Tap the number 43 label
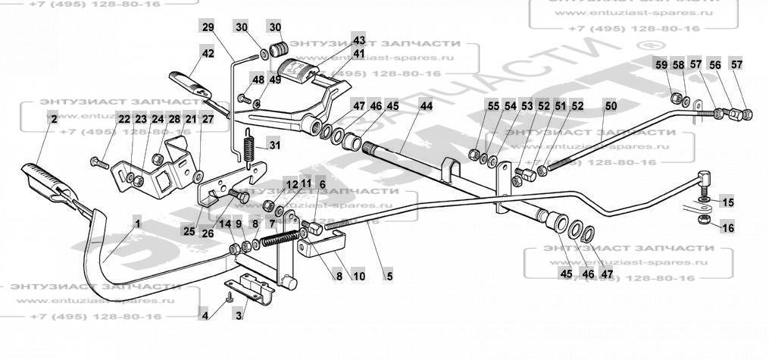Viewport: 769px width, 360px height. pyautogui.click(x=359, y=39)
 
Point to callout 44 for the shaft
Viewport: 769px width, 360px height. pyautogui.click(x=427, y=106)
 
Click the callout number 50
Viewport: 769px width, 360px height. pyautogui.click(x=611, y=106)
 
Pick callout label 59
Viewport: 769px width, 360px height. pyautogui.click(x=662, y=65)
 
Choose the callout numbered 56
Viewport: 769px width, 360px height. pyautogui.click(x=714, y=65)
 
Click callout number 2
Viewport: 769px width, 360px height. pyautogui.click(x=53, y=119)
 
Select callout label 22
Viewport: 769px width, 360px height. pyautogui.click(x=123, y=119)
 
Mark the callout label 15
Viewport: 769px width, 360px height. pyautogui.click(x=727, y=202)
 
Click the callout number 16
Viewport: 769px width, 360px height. pyautogui.click(x=727, y=227)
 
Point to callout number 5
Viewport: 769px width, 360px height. pyautogui.click(x=389, y=277)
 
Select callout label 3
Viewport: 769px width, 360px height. pyautogui.click(x=239, y=315)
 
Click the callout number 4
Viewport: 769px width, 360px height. pyautogui.click(x=205, y=315)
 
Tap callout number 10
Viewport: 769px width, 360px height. pyautogui.click(x=359, y=277)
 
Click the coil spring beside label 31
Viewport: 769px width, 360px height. pyautogui.click(x=246, y=146)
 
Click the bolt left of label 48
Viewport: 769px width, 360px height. pyautogui.click(x=243, y=98)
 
